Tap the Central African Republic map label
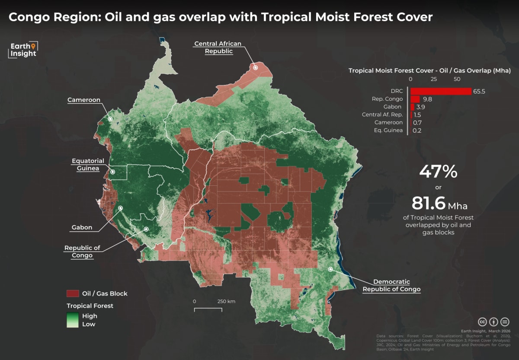click(x=218, y=47)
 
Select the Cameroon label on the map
click(x=83, y=100)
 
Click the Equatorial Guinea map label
click(x=88, y=165)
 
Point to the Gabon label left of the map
click(x=82, y=227)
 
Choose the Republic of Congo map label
click(x=82, y=251)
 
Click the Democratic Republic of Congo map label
click(x=391, y=285)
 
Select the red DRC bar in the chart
click(x=441, y=91)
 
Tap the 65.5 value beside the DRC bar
click(x=480, y=91)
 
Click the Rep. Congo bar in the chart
click(x=415, y=99)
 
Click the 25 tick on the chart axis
click(x=434, y=79)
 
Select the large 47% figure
click(x=438, y=172)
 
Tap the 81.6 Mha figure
click(x=439, y=203)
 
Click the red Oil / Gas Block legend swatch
click(x=72, y=293)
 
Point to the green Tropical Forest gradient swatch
click(x=72, y=320)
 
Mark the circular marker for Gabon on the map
click(x=121, y=208)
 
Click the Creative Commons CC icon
click(x=482, y=322)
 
